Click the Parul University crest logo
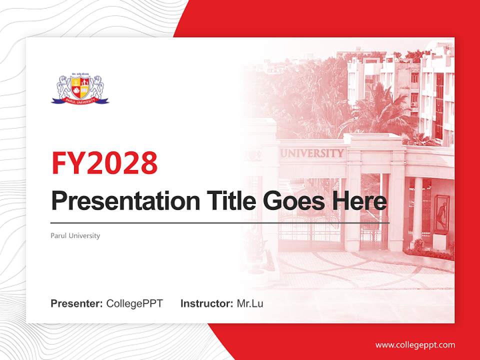[x=80, y=89]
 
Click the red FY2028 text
[x=104, y=162]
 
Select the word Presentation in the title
[x=118, y=201]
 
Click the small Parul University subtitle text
[x=75, y=235]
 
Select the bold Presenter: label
[x=77, y=303]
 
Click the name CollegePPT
[x=134, y=303]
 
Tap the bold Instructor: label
[x=206, y=303]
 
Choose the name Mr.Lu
[x=249, y=303]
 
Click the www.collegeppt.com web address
[x=415, y=345]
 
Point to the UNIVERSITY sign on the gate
[x=312, y=153]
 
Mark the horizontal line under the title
[x=220, y=222]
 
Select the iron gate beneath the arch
[x=310, y=232]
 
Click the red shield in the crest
[x=80, y=87]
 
